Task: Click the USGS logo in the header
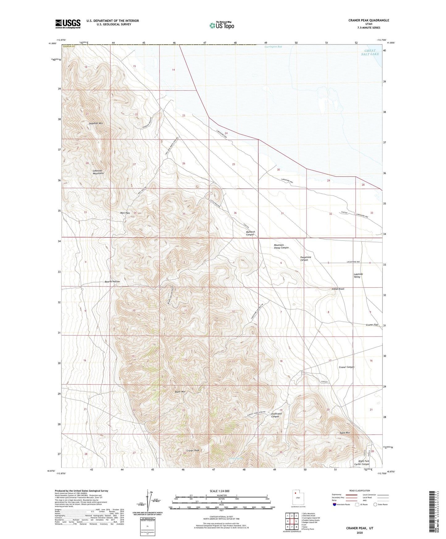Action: [68, 24]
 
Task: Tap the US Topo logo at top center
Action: [222, 25]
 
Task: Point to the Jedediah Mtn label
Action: [96, 123]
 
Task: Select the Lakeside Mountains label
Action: [98, 172]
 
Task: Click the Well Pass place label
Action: [125, 213]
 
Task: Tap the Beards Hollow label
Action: [112, 282]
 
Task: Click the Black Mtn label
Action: [180, 392]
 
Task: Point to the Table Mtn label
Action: [344, 433]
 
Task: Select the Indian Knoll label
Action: [338, 289]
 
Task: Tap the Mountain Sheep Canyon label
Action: [281, 246]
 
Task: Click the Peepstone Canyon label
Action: [306, 258]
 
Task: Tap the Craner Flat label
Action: [372, 325]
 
